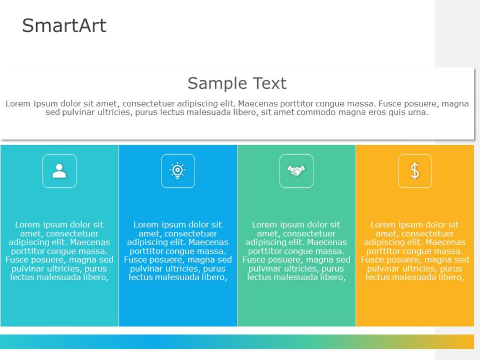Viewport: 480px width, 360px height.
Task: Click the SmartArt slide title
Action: coord(64,26)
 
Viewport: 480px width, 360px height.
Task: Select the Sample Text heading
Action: coord(237,84)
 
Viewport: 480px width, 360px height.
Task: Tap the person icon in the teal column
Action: coord(59,171)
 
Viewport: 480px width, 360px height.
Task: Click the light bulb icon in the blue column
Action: coord(178,171)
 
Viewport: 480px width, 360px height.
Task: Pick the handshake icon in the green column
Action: coord(297,171)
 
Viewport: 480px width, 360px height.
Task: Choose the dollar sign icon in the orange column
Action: coord(415,171)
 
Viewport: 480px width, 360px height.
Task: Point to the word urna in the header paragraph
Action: coord(418,112)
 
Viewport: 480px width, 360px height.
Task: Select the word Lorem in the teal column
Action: coord(28,224)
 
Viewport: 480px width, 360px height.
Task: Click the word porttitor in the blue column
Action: coord(143,251)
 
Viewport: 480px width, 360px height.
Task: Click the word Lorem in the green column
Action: coord(265,224)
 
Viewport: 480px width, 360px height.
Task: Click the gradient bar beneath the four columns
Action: coord(237,341)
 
